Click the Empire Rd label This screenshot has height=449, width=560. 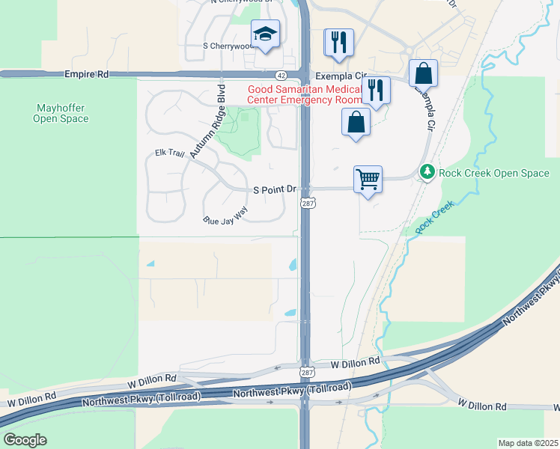pos(87,75)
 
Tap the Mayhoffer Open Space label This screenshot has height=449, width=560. pos(61,113)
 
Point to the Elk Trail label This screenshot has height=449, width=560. pos(169,153)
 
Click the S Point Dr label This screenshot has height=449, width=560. pos(276,190)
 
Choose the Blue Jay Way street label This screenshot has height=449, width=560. pos(225,220)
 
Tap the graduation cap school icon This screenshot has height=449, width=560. pos(266,34)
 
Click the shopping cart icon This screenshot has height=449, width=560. pos(368,180)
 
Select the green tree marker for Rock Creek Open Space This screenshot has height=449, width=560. pos(427,173)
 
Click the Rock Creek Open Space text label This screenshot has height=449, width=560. pos(494,174)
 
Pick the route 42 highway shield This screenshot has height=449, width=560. pos(280,75)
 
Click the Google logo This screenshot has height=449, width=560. pos(25,439)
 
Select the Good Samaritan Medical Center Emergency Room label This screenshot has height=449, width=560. pos(304,94)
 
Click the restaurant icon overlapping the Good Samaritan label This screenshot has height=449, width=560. pos(376,91)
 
